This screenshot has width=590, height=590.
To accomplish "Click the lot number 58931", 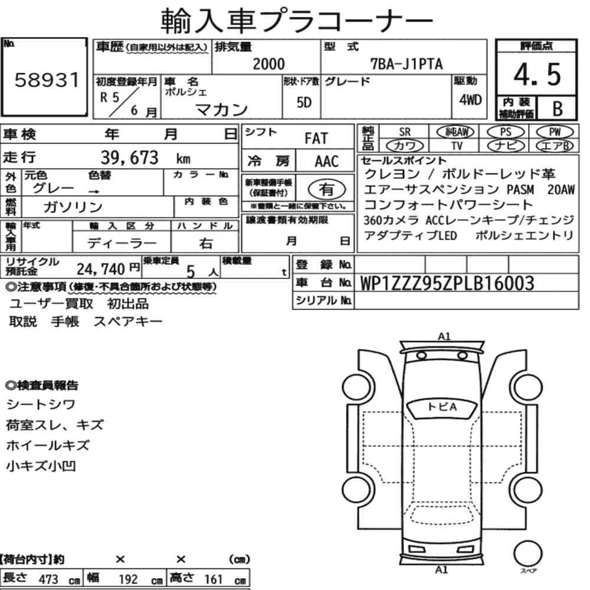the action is click(x=47, y=80).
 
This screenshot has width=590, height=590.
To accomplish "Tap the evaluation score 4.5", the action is click(x=537, y=74).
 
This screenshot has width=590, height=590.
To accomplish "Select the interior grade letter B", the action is click(x=558, y=109).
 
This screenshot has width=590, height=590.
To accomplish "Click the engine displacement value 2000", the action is click(x=268, y=64).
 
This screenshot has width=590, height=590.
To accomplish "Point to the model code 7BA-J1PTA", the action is click(x=407, y=64).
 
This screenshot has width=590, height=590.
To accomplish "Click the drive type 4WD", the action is click(x=470, y=100).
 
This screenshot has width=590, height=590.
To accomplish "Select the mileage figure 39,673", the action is click(x=129, y=158).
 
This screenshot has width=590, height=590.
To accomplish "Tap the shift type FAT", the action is click(x=316, y=139).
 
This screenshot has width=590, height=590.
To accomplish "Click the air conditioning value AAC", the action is click(x=326, y=162).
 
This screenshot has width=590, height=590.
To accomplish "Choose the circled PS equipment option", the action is click(x=506, y=132).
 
